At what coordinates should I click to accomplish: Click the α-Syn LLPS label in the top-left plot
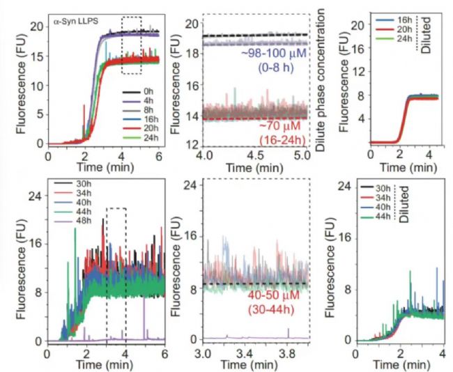[x=77, y=22]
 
